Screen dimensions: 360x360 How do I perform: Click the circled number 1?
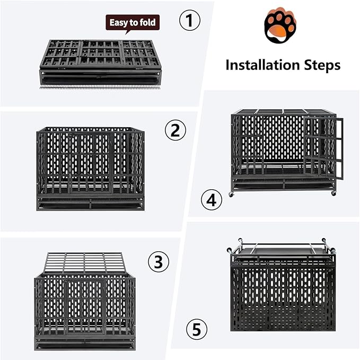click(x=190, y=22)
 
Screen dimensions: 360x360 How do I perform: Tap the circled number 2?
click(x=175, y=130)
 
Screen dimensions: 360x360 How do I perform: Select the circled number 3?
click(x=158, y=262)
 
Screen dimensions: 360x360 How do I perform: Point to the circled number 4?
click(x=212, y=201)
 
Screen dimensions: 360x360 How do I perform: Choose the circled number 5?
click(x=197, y=330)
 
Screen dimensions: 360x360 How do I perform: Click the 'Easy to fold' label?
click(x=133, y=23)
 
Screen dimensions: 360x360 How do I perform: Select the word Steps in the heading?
click(x=321, y=65)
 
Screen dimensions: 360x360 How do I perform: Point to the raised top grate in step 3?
click(x=85, y=262)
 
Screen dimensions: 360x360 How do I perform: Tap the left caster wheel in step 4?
click(x=231, y=195)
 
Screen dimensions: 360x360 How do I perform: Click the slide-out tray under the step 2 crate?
click(x=90, y=204)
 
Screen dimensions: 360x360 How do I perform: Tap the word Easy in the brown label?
click(x=118, y=23)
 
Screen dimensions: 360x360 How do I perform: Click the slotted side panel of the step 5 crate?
click(x=283, y=297)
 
